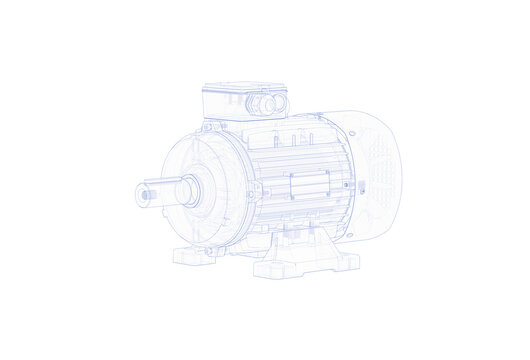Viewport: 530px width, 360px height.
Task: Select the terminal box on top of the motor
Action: (245, 100)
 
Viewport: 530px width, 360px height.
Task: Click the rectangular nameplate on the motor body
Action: (309, 186)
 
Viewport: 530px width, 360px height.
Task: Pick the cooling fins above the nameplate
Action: (300, 155)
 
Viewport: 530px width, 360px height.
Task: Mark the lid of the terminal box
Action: (245, 88)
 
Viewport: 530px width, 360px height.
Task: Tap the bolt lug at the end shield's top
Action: (207, 127)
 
